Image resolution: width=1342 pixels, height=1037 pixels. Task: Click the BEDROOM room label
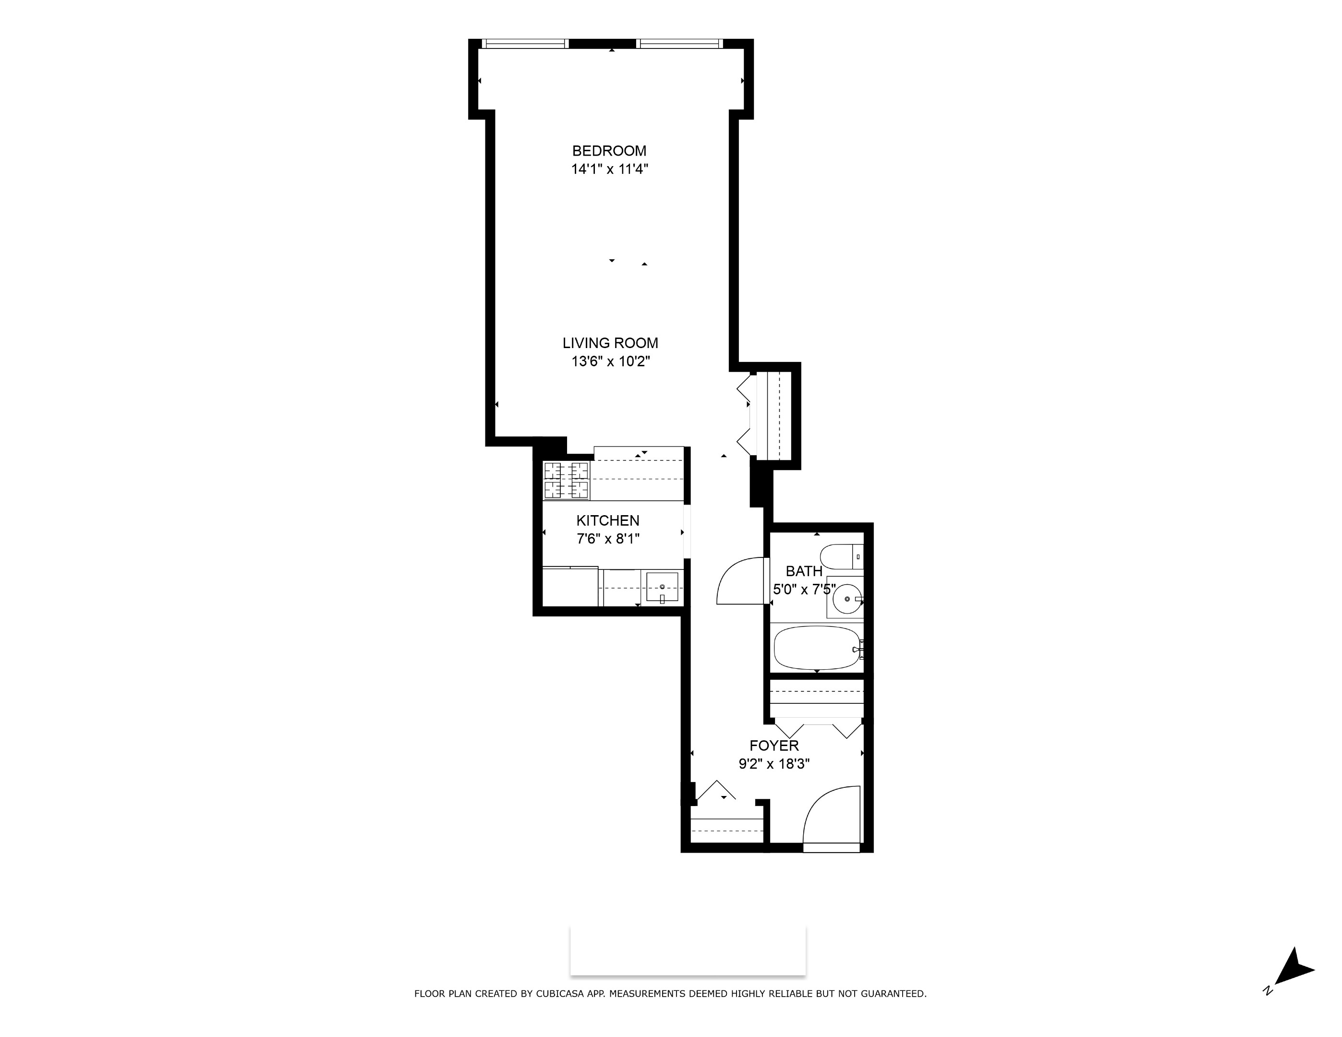pyautogui.click(x=609, y=151)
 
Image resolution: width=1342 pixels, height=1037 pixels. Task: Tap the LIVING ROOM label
pyautogui.click(x=610, y=343)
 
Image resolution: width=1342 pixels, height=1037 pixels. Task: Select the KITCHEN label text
pyautogui.click(x=608, y=520)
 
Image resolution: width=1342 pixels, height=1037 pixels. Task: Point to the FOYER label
pyautogui.click(x=774, y=746)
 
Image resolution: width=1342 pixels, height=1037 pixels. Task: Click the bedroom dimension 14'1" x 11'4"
pyautogui.click(x=610, y=169)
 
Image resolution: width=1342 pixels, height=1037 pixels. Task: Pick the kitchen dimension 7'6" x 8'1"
pyautogui.click(x=608, y=539)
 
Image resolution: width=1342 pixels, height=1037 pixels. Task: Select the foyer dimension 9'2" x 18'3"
pyautogui.click(x=774, y=764)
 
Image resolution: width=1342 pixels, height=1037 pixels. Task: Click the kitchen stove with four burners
pyautogui.click(x=567, y=481)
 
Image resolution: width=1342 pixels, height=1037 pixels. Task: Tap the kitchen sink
pyautogui.click(x=663, y=587)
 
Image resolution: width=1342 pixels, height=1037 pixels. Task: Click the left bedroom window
pyautogui.click(x=524, y=44)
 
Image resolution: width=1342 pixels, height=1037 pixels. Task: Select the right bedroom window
pyautogui.click(x=679, y=44)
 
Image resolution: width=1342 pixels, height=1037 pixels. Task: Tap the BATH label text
pyautogui.click(x=804, y=571)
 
